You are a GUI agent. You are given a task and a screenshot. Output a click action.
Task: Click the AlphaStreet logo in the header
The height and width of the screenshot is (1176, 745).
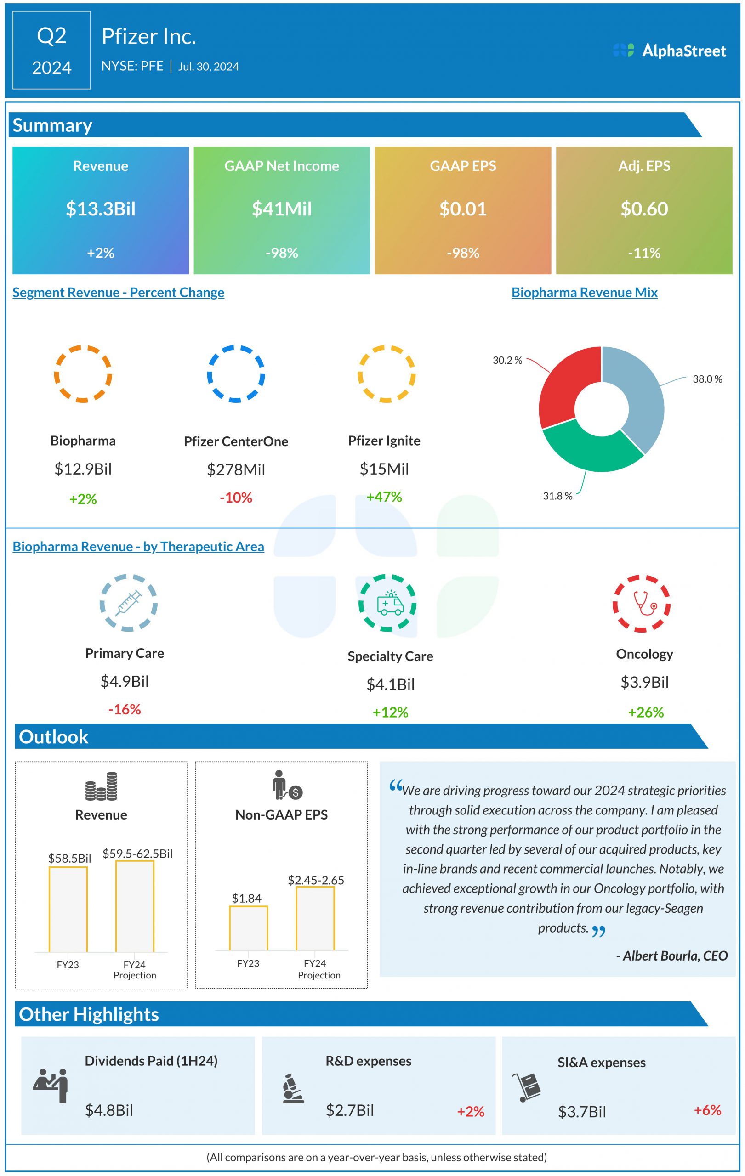tap(669, 51)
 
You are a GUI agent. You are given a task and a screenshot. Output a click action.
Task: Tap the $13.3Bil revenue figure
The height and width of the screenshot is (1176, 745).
tap(101, 209)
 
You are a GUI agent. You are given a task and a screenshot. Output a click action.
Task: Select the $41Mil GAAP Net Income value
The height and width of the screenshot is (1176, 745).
tap(281, 209)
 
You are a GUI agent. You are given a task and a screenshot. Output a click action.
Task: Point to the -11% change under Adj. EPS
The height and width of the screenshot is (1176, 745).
tap(644, 253)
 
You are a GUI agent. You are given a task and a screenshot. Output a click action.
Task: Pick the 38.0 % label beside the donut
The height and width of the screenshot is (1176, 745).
tap(707, 379)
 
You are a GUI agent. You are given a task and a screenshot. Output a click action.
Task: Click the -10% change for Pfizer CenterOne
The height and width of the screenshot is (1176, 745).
tap(236, 498)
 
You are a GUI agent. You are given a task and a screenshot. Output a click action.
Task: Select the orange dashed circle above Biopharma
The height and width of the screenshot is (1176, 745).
tap(83, 374)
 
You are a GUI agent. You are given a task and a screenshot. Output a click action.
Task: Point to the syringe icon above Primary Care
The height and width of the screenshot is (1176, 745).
tap(129, 603)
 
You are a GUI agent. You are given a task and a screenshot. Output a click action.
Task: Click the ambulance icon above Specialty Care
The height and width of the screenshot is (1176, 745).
tap(390, 604)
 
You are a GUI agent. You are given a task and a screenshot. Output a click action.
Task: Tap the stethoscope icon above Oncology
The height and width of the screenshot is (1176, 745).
tap(642, 604)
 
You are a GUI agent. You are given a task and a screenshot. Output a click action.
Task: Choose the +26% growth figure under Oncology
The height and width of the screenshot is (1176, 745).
tap(646, 712)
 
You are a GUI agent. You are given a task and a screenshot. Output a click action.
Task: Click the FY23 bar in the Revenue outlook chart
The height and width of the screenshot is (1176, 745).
tap(68, 910)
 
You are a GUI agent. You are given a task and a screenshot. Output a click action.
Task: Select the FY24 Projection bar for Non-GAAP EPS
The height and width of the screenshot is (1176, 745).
tap(315, 918)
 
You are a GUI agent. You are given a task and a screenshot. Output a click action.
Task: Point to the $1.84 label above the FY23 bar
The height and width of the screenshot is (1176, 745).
tap(246, 898)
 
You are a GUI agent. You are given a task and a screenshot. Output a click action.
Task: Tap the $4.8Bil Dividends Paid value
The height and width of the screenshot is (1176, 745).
tap(109, 1110)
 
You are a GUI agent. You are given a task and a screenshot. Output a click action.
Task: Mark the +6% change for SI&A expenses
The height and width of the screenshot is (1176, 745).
tap(707, 1109)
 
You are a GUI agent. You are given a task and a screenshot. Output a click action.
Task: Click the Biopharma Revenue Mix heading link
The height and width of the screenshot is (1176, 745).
tap(584, 293)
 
